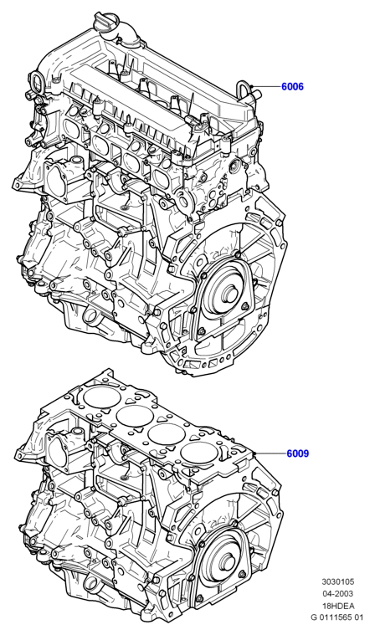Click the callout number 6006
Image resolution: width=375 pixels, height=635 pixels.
[x=292, y=86]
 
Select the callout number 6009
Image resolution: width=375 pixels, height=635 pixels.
[x=298, y=453]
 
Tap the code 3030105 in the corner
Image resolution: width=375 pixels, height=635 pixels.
[x=337, y=581]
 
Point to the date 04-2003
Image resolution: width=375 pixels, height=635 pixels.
[x=337, y=594]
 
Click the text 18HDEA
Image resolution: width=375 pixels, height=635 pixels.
[x=337, y=606]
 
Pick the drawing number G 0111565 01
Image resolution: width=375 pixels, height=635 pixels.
[x=337, y=617]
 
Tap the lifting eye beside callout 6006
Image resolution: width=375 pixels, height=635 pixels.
[x=243, y=89]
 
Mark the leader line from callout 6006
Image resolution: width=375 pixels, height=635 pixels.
[x=266, y=86]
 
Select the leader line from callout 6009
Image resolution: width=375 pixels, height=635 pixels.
[x=270, y=453]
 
